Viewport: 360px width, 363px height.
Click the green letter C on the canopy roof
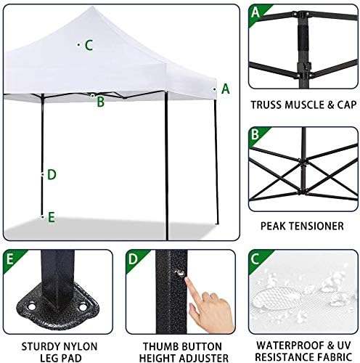click(x=89, y=45)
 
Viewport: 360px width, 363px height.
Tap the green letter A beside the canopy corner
click(x=226, y=89)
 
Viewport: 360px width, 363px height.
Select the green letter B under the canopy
click(x=101, y=102)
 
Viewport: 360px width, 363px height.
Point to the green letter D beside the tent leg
click(x=52, y=175)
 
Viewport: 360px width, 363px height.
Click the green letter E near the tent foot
click(x=52, y=217)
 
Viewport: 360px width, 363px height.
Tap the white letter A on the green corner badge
click(x=255, y=12)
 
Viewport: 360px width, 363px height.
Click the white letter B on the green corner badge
click(x=255, y=134)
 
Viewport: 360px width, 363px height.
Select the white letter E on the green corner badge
click(x=9, y=258)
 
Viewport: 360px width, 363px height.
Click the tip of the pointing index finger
click(x=187, y=280)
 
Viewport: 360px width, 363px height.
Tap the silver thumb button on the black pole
click(x=180, y=273)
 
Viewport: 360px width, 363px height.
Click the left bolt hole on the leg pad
click(x=31, y=307)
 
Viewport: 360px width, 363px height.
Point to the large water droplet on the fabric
click(x=277, y=298)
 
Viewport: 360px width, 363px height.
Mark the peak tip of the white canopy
click(x=92, y=7)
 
